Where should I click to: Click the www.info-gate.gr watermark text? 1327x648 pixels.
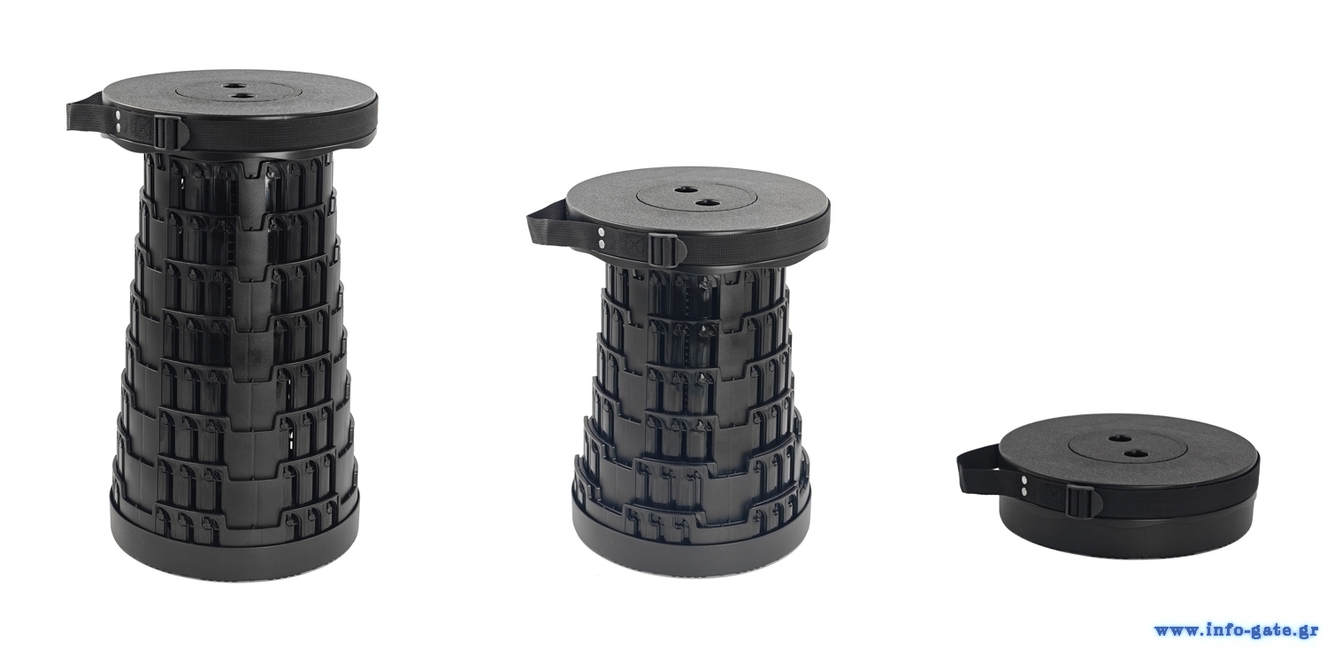pos(1239,630)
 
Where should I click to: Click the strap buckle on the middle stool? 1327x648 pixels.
pos(657,249)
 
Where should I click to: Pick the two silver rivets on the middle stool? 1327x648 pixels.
pos(602,237)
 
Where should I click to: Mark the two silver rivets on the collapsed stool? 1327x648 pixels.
pos(1024,484)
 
